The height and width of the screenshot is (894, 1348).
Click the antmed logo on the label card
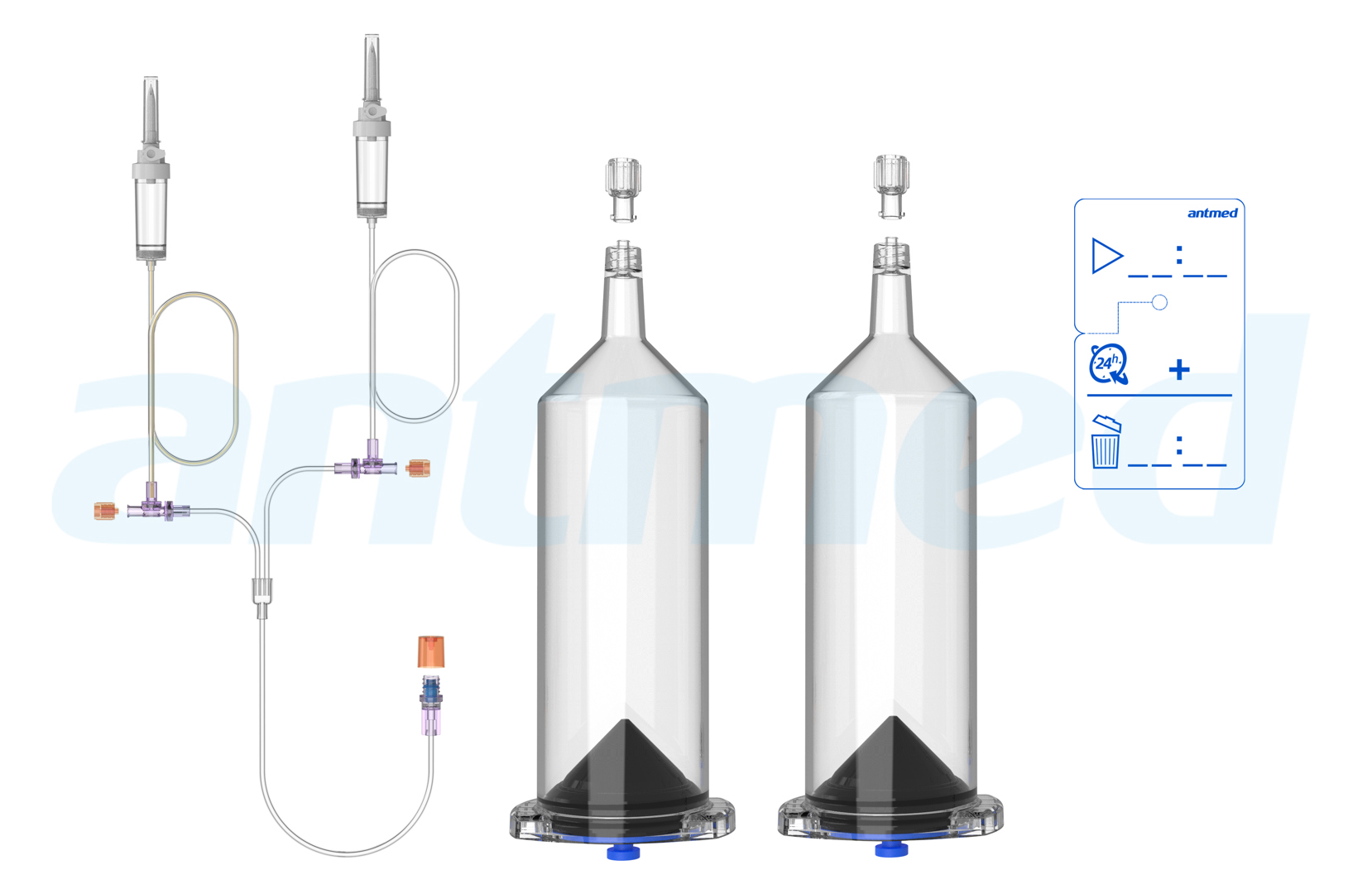pyautogui.click(x=1211, y=214)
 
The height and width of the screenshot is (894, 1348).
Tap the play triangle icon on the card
pyautogui.click(x=1106, y=256)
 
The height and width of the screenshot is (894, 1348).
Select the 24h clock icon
pyautogui.click(x=1108, y=364)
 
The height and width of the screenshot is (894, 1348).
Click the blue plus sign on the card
pyautogui.click(x=1179, y=369)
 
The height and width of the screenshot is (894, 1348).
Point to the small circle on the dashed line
pyautogui.click(x=1159, y=302)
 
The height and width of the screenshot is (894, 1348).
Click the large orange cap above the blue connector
pyautogui.click(x=431, y=651)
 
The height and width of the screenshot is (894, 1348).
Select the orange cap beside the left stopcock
pyautogui.click(x=106, y=512)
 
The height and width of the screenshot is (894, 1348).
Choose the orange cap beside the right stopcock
pyautogui.click(x=419, y=469)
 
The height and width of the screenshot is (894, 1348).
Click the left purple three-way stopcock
pyautogui.click(x=152, y=507)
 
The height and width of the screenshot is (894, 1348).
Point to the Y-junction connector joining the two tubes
pyautogui.click(x=261, y=594)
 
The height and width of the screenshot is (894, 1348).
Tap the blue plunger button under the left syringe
pyautogui.click(x=623, y=852)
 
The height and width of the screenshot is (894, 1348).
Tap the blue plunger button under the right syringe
pyautogui.click(x=891, y=849)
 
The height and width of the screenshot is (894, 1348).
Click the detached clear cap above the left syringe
pyautogui.click(x=624, y=189)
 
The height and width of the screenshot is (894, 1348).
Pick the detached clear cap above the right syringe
pyautogui.click(x=891, y=185)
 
